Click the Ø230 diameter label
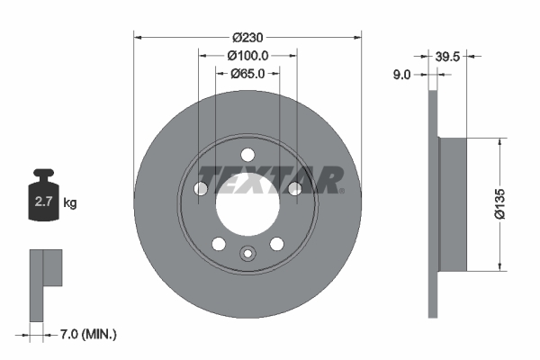point(247,38)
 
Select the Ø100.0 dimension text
point(247,56)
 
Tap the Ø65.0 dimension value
point(247,74)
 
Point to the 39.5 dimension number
point(448,56)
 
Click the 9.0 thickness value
point(401,76)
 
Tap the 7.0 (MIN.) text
point(87,334)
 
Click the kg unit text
point(70,203)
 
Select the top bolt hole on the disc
point(247,154)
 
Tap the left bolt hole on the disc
point(201,187)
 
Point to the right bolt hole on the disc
point(294,187)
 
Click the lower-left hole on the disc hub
point(218,243)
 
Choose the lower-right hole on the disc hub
point(277,243)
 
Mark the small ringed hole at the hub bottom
point(247,253)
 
